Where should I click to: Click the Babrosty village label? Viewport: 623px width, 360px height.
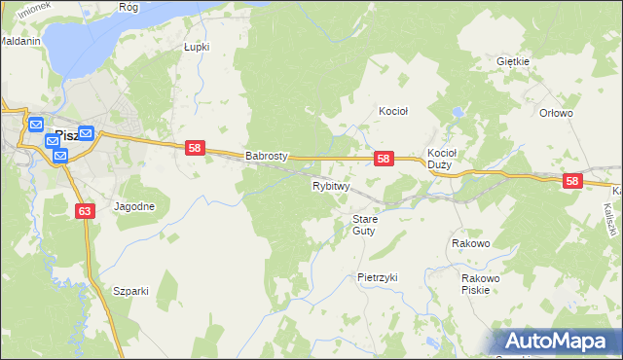click(x=265, y=156)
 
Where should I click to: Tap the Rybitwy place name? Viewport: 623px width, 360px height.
click(x=330, y=186)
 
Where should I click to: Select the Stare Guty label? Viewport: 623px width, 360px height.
click(x=364, y=225)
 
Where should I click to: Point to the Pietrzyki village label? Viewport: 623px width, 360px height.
click(x=378, y=277)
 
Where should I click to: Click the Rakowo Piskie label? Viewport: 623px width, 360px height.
click(x=480, y=284)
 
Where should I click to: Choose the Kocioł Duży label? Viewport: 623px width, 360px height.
click(x=442, y=159)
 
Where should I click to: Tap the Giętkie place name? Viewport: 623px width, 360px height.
click(x=512, y=61)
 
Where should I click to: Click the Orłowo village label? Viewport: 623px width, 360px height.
click(x=556, y=113)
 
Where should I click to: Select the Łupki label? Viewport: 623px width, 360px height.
click(x=197, y=46)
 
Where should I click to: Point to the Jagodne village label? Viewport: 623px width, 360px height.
click(x=134, y=207)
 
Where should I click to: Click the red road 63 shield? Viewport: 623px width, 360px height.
click(x=86, y=210)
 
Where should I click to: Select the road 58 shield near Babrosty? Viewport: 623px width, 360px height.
click(x=195, y=148)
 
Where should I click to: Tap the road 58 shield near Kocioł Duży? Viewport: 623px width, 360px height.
click(x=384, y=159)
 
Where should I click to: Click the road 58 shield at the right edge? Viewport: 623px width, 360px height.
click(x=571, y=181)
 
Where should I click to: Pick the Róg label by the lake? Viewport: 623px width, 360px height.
click(x=128, y=6)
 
